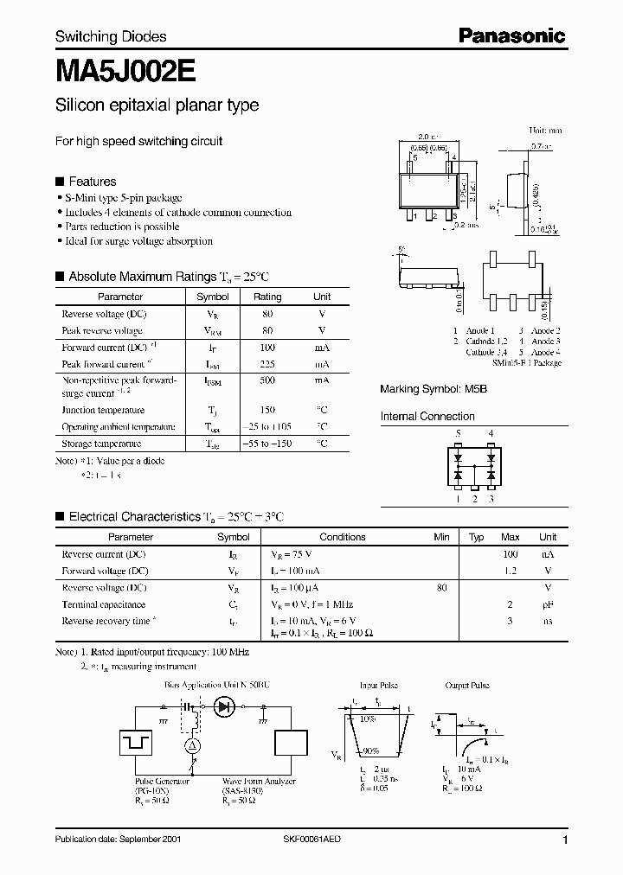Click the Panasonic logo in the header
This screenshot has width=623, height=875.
click(x=511, y=35)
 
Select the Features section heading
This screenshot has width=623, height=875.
click(x=92, y=182)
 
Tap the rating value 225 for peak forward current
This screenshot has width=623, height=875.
click(x=267, y=364)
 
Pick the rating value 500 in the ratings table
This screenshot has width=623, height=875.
click(x=267, y=380)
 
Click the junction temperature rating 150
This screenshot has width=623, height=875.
click(x=267, y=410)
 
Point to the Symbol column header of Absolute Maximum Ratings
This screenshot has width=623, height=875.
click(x=213, y=297)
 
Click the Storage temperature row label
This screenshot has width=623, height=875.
click(x=103, y=444)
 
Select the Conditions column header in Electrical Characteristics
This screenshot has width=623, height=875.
click(x=343, y=537)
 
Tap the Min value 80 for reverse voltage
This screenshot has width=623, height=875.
click(x=442, y=587)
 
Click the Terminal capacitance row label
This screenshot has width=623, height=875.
click(x=103, y=604)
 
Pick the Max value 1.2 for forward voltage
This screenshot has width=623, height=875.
click(x=511, y=571)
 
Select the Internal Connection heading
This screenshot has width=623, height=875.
click(x=427, y=417)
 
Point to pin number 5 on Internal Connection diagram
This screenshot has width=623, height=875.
click(x=459, y=433)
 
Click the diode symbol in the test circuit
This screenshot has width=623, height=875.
click(x=225, y=706)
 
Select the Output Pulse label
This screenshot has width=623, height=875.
click(x=468, y=685)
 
